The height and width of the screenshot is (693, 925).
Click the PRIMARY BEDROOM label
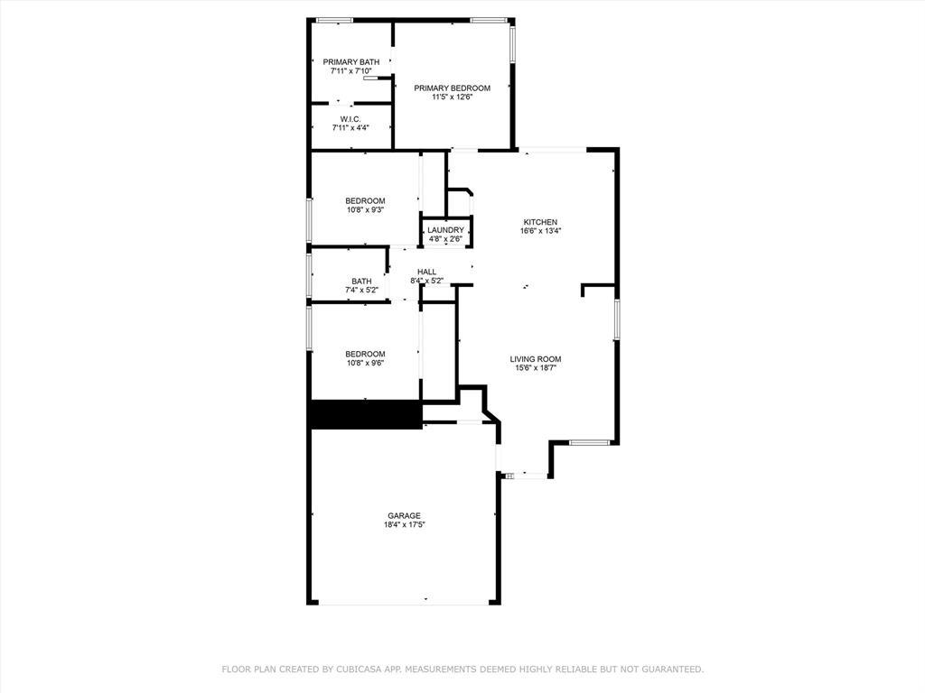pos(452,88)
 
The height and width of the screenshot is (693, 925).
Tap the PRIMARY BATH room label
pos(351,61)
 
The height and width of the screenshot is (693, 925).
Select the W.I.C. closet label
pos(350,119)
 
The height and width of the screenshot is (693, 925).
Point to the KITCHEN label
pos(541,222)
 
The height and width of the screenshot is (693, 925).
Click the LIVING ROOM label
pos(536,359)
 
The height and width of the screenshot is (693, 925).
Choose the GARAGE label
pos(404,516)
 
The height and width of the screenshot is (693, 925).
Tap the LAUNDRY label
pos(445,230)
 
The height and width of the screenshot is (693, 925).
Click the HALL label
pos(426,272)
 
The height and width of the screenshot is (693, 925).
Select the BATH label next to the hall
pos(361,282)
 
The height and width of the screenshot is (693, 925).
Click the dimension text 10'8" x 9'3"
pos(365,210)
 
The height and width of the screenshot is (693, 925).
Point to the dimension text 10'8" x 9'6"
pos(365,364)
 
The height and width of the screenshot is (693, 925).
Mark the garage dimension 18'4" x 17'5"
pos(404,525)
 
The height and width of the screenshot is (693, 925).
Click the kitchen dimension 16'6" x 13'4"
pos(541,231)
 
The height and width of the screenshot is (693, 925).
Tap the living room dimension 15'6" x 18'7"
pos(536,368)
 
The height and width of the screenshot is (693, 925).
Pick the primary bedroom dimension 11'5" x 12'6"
pos(452,97)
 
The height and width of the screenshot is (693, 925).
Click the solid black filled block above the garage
pos(366,415)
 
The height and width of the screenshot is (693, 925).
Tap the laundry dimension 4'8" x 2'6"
pos(445,239)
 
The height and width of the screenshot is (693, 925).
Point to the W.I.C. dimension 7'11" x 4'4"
pos(350,128)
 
